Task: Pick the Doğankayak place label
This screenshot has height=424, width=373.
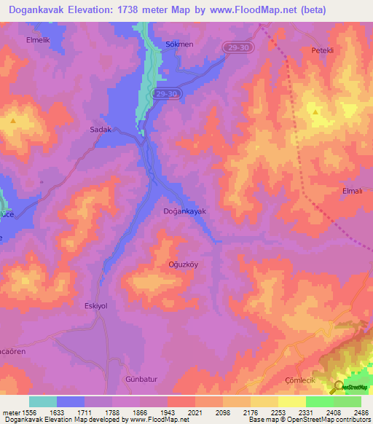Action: tap(184, 211)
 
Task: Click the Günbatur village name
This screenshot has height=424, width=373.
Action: tap(141, 380)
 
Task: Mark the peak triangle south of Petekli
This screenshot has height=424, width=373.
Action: tap(315, 112)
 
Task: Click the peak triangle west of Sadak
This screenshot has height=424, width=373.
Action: tap(13, 120)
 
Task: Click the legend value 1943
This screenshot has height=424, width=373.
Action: tap(167, 412)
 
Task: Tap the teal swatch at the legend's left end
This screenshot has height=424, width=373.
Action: tap(43, 401)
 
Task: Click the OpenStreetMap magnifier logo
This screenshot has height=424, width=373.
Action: tap(337, 387)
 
